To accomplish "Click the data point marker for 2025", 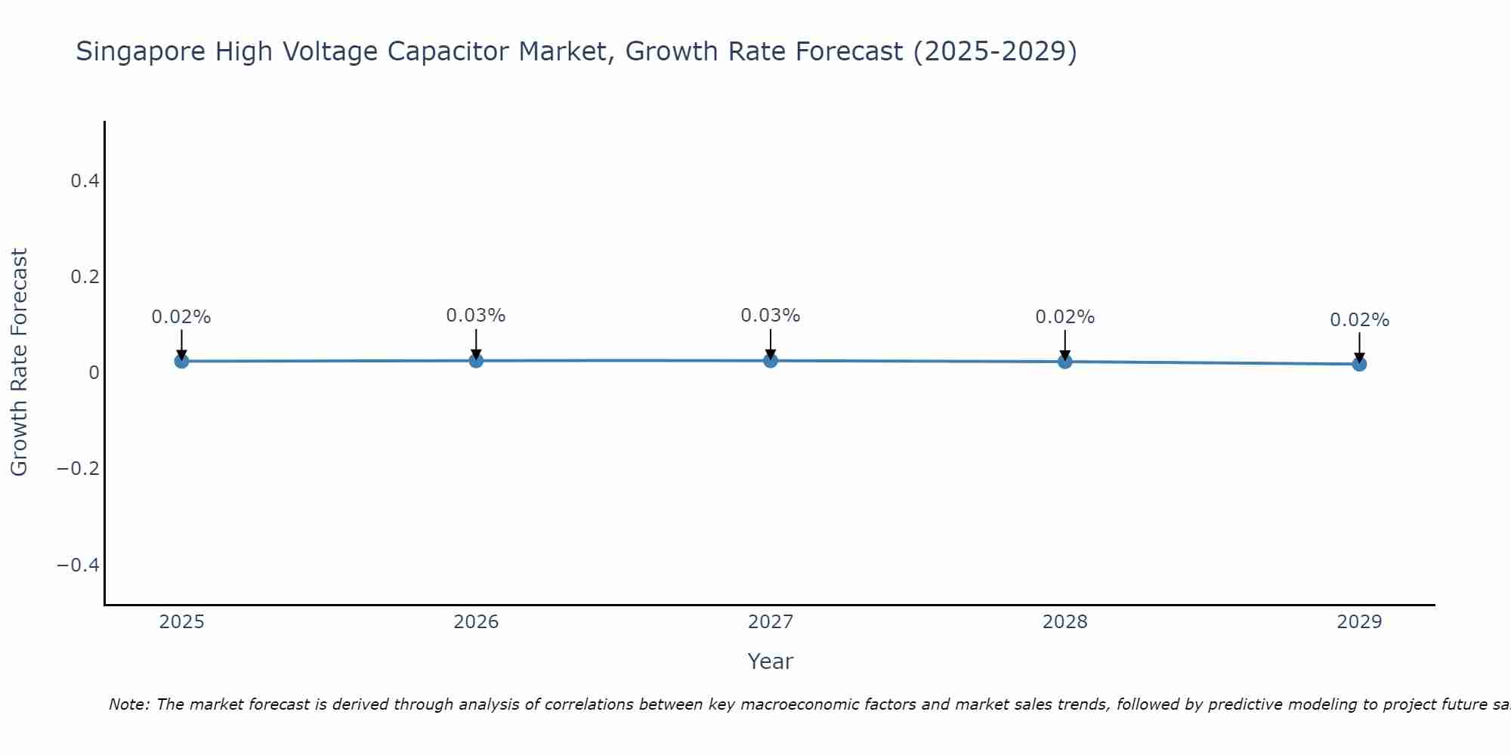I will [x=181, y=361].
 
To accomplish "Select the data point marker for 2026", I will [x=476, y=360].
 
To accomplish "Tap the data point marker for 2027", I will [x=771, y=360].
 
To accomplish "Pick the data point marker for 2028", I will [x=1064, y=361].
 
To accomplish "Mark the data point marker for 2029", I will [x=1359, y=364].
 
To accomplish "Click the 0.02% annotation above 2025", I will [x=181, y=317].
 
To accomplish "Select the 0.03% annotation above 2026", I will [x=476, y=316].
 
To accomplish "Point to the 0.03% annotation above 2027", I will [x=771, y=316].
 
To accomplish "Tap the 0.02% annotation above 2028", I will [x=1064, y=317].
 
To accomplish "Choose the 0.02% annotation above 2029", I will [x=1359, y=320].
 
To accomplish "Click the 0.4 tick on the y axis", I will [x=85, y=180].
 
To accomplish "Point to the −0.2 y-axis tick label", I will [x=78, y=469].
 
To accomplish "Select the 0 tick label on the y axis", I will [x=94, y=373].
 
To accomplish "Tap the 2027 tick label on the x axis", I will [x=771, y=622].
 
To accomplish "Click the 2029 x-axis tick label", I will [x=1359, y=622].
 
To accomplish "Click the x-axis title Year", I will [x=770, y=661].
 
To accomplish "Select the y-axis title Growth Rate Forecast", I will [x=19, y=362].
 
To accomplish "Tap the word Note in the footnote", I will [x=129, y=704].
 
